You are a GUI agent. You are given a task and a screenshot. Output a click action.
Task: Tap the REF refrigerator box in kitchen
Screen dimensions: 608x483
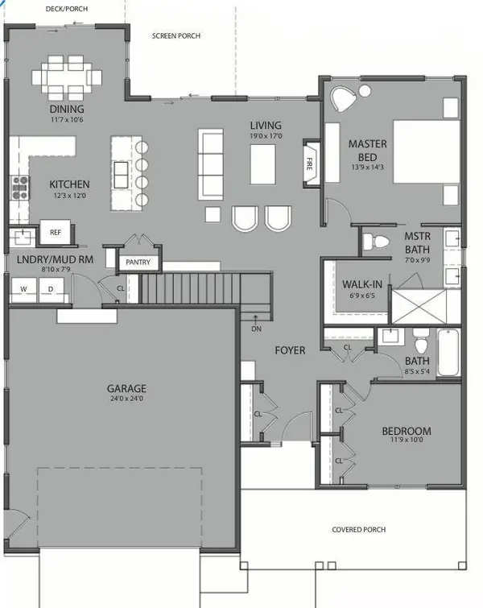(x=56, y=232)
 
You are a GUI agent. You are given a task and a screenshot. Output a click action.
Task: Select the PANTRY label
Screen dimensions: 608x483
(x=138, y=263)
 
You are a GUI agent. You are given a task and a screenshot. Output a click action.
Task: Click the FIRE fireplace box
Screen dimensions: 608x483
(x=309, y=163)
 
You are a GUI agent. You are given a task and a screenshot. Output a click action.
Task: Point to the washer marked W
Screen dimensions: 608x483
(x=23, y=288)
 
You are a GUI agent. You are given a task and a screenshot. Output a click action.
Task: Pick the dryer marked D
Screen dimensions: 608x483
(x=50, y=288)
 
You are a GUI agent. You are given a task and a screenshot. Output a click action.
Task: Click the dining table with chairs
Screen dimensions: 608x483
(x=68, y=76)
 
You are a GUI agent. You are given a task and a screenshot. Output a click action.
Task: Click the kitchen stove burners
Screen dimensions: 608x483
(x=19, y=188)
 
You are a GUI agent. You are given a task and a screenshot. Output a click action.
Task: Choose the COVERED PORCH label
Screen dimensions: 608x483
(x=358, y=529)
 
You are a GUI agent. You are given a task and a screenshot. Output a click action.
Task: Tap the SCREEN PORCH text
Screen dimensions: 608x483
(x=176, y=36)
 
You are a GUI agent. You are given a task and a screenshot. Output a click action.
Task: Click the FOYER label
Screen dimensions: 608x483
(x=290, y=351)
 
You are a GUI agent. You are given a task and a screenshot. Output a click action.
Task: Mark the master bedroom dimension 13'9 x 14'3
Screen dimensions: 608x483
(x=367, y=168)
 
